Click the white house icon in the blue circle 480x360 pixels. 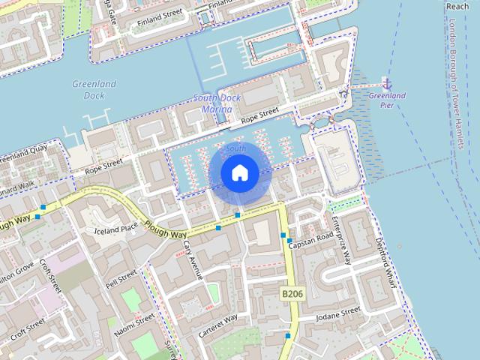[x=239, y=172]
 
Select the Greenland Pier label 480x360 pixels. [x=387, y=100]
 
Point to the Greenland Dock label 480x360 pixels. [x=94, y=90]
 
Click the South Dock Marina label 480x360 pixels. [x=212, y=103]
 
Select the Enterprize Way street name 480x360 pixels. [x=342, y=241]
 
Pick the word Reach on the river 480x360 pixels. [x=457, y=6]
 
